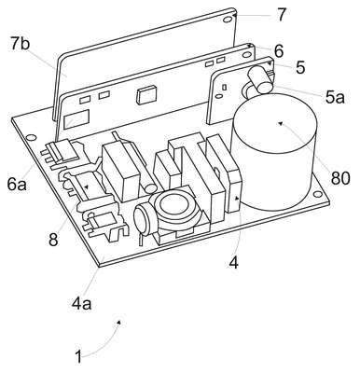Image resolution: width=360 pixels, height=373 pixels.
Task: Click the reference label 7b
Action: [x=21, y=45]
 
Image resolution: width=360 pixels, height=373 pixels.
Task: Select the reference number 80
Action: [x=340, y=178]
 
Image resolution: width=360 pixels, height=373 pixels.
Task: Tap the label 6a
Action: [x=17, y=184]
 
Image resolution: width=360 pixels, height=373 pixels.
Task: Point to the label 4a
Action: [x=82, y=303]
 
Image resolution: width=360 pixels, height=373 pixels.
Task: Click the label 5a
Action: [x=335, y=97]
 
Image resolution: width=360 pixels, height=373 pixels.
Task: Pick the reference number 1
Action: [x=78, y=356]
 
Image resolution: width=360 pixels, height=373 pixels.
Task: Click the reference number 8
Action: [x=53, y=240]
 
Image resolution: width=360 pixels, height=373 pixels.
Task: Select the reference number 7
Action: [x=281, y=15]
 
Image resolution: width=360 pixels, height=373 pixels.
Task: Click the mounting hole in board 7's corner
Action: [x=228, y=20]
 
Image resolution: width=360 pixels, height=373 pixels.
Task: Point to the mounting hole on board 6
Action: [x=247, y=55]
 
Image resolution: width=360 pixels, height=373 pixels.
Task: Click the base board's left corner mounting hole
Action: [x=31, y=137]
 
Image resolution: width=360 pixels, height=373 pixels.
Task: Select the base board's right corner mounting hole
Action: [x=317, y=194]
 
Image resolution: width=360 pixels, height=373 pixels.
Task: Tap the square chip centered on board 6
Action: [x=144, y=95]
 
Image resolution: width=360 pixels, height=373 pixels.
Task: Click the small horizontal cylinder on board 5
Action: [x=260, y=80]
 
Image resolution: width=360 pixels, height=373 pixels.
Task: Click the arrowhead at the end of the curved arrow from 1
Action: [x=119, y=322]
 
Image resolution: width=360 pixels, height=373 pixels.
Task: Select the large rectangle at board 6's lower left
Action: [x=76, y=119]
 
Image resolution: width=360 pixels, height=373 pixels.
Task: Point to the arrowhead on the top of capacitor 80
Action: [x=280, y=123]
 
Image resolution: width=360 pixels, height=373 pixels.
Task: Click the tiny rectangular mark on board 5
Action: [x=224, y=87]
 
